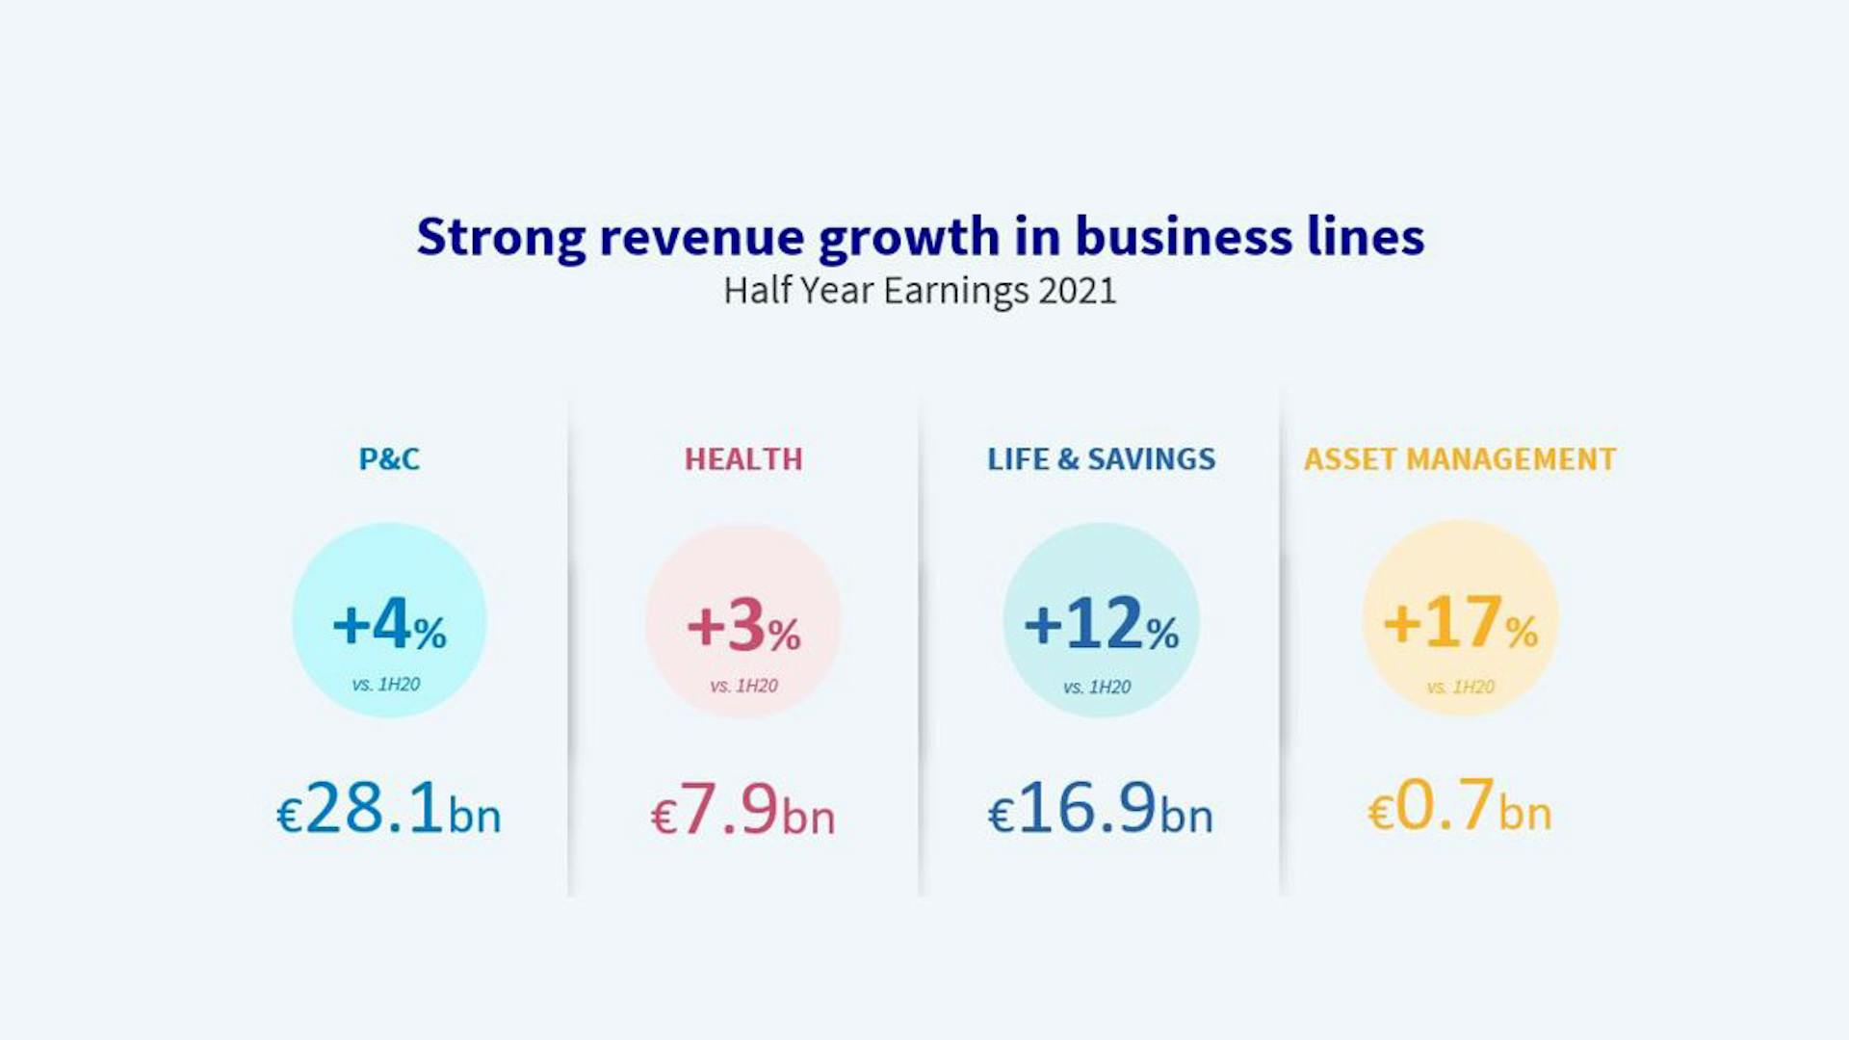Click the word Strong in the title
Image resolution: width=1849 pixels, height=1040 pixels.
click(501, 237)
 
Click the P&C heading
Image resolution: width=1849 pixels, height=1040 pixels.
click(389, 459)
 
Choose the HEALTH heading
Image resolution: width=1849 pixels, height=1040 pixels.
click(743, 459)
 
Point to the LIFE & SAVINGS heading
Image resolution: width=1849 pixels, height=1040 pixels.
click(1101, 459)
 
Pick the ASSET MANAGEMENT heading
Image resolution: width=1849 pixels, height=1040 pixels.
click(1460, 459)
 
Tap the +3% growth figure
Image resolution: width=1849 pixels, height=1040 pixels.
click(743, 626)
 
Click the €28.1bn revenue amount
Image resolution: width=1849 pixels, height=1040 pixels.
click(389, 809)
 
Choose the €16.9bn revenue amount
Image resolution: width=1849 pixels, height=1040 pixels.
click(1101, 809)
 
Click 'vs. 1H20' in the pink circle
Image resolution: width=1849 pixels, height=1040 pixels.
click(743, 686)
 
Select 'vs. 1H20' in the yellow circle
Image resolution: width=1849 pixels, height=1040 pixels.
click(1460, 687)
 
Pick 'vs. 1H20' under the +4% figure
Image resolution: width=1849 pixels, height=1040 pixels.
click(386, 685)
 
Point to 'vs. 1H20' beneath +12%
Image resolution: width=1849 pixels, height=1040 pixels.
click(1097, 687)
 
